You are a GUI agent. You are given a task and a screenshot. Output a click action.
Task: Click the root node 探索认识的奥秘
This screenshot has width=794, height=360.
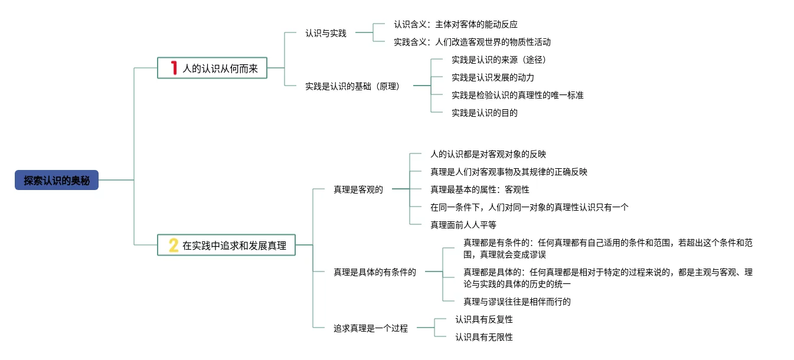tap(57, 180)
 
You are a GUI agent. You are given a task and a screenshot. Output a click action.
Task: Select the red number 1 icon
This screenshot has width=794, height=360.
tap(174, 68)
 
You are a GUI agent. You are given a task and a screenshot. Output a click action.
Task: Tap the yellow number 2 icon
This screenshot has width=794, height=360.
tap(174, 245)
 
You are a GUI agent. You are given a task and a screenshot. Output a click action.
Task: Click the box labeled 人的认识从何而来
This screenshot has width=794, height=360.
tap(212, 68)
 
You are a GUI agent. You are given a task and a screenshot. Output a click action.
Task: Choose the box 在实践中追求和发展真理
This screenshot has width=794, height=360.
tap(226, 245)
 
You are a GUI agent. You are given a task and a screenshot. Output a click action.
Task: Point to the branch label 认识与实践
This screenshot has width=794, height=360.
tap(326, 33)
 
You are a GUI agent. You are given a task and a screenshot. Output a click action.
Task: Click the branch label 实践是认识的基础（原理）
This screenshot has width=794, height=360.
tap(352, 86)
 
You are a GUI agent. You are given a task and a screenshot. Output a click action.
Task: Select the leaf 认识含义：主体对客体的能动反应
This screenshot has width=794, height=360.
tap(456, 24)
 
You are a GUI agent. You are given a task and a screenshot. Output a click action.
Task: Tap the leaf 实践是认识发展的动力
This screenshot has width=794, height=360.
tap(493, 77)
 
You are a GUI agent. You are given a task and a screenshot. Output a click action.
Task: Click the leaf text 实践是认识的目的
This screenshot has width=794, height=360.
tap(485, 113)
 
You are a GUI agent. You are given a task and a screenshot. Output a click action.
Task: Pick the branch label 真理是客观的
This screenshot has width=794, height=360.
tap(358, 189)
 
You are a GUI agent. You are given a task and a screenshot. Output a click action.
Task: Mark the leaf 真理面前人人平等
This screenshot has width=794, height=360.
tap(463, 225)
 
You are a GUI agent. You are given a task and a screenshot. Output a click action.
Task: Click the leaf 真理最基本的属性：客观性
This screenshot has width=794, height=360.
tap(479, 189)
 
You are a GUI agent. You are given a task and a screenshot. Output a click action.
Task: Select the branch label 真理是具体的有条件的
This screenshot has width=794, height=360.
tap(375, 272)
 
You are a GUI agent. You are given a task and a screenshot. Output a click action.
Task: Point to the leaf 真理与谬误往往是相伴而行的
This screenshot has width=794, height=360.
tap(517, 302)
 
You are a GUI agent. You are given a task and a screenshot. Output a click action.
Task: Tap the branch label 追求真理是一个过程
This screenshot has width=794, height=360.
tap(370, 328)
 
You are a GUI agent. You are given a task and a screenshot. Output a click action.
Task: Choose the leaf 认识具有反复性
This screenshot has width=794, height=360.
tap(484, 319)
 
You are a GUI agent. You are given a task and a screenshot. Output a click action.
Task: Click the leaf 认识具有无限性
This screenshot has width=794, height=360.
tap(484, 337)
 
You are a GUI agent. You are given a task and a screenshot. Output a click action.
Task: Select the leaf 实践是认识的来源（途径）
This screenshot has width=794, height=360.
tap(499, 60)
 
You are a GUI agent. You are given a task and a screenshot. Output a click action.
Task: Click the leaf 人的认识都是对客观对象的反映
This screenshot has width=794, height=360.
tap(488, 154)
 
